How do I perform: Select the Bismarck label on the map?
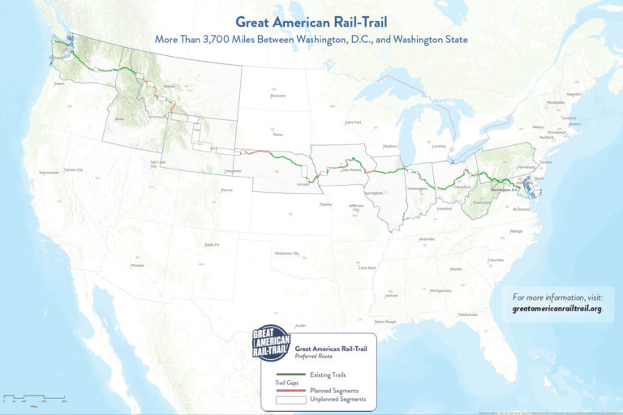click(x=278, y=95)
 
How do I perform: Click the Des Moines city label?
click(x=350, y=170)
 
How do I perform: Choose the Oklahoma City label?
click(x=286, y=254)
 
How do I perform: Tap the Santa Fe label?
click(x=211, y=244)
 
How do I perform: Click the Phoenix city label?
click(x=137, y=265)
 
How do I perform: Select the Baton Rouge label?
click(x=385, y=322)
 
